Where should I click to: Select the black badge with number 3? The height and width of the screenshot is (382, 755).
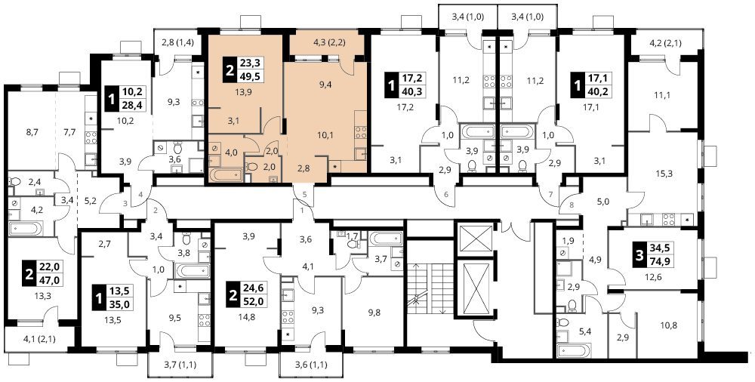[639, 255]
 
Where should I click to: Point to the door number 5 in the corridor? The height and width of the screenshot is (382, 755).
[304, 194]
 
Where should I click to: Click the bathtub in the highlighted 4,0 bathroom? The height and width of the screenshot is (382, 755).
[226, 174]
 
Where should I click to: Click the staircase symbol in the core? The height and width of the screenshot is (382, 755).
[430, 288]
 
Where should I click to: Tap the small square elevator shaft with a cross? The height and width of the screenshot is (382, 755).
[475, 238]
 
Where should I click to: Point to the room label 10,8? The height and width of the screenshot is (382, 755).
[668, 325]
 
